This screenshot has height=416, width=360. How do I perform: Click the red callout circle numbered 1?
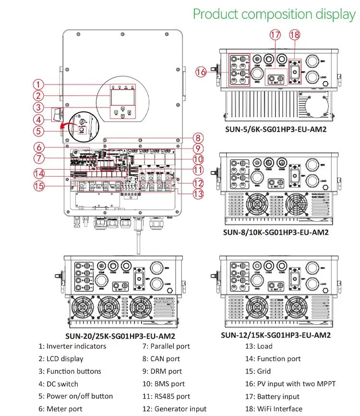[42, 84]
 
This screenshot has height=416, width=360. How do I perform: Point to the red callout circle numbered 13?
[196, 194]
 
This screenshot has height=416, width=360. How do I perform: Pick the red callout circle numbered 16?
[202, 72]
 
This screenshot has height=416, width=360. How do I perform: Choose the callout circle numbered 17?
[275, 35]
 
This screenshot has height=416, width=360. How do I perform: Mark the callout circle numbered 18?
[295, 35]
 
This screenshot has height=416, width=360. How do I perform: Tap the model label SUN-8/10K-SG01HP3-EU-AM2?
[276, 232]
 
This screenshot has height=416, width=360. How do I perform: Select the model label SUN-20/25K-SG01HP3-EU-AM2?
[120, 336]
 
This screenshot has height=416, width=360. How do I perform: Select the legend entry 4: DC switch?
[58, 384]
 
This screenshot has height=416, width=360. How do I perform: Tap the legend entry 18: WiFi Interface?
[274, 409]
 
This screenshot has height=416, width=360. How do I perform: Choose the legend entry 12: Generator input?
[174, 409]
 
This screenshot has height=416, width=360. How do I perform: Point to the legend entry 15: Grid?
[258, 371]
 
